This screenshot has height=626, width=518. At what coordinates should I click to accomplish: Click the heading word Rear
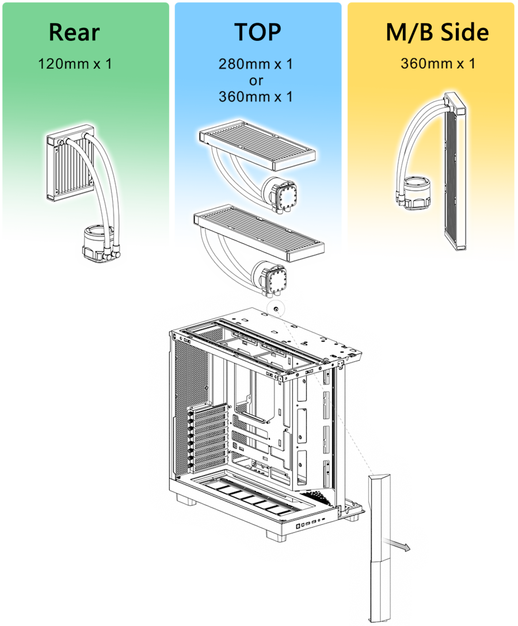click(74, 32)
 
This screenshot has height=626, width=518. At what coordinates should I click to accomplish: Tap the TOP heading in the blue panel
click(258, 32)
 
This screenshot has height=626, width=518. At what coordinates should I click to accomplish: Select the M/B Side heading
click(437, 32)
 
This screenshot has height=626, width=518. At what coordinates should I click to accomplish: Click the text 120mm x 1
click(75, 64)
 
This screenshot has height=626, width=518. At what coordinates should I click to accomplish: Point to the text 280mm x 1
click(256, 64)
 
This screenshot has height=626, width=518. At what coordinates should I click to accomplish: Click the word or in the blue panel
click(256, 81)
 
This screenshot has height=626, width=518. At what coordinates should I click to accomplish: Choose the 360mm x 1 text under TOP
click(256, 97)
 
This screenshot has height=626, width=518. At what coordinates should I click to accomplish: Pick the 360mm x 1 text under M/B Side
click(438, 63)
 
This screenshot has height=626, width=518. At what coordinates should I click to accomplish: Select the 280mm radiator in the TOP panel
click(257, 146)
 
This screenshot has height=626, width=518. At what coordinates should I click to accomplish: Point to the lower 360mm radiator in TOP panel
click(259, 233)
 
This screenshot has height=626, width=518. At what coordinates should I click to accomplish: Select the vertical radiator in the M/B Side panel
click(456, 171)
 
